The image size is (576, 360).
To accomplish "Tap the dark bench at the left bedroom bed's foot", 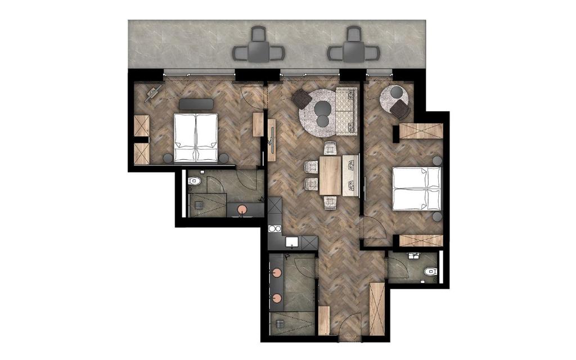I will click(x=196, y=105).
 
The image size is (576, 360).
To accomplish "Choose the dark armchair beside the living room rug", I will click(x=301, y=100).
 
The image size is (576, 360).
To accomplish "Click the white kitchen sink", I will click(x=291, y=242).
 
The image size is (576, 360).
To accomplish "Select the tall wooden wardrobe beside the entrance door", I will click(x=377, y=308).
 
